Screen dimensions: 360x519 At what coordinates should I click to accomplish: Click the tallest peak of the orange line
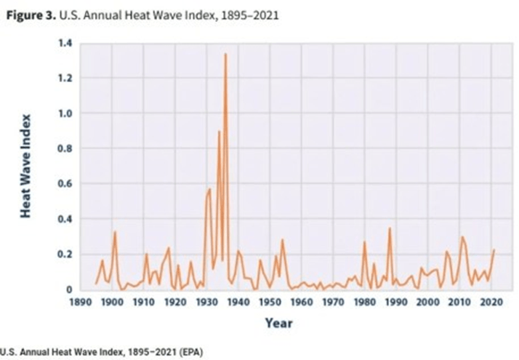coord(225,54)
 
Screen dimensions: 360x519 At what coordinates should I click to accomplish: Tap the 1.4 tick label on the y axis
coord(64,43)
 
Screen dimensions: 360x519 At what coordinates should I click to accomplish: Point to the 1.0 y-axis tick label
coord(64,113)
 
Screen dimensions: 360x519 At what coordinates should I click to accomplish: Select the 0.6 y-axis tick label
coord(64,184)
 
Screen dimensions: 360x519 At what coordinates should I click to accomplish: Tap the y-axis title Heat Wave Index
coord(25,166)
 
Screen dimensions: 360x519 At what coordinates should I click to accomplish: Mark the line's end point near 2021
coord(494,250)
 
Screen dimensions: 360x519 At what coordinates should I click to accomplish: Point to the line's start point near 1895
coord(96,284)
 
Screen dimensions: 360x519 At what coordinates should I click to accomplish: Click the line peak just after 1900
coord(115,232)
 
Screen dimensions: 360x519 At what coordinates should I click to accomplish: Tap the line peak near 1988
coord(390,228)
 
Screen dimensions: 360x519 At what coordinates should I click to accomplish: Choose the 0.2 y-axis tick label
coord(64,255)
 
